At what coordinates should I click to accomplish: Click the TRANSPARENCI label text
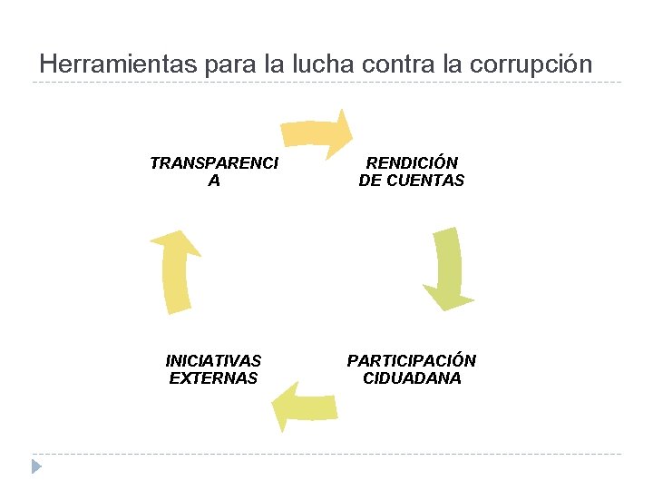(x=214, y=163)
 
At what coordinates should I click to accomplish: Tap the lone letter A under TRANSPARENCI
(x=214, y=181)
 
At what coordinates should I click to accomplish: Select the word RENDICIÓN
(x=411, y=163)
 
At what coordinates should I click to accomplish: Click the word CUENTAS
(x=425, y=181)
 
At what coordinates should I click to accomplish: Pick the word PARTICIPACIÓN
(x=411, y=360)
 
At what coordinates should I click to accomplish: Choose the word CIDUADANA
(x=411, y=378)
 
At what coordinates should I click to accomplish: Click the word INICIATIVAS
(x=214, y=360)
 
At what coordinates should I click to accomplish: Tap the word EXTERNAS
(x=214, y=378)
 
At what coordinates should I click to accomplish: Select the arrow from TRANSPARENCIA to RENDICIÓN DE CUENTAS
(x=315, y=132)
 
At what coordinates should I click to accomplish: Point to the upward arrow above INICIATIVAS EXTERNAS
(x=176, y=271)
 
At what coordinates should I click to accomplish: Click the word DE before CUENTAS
(x=371, y=181)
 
